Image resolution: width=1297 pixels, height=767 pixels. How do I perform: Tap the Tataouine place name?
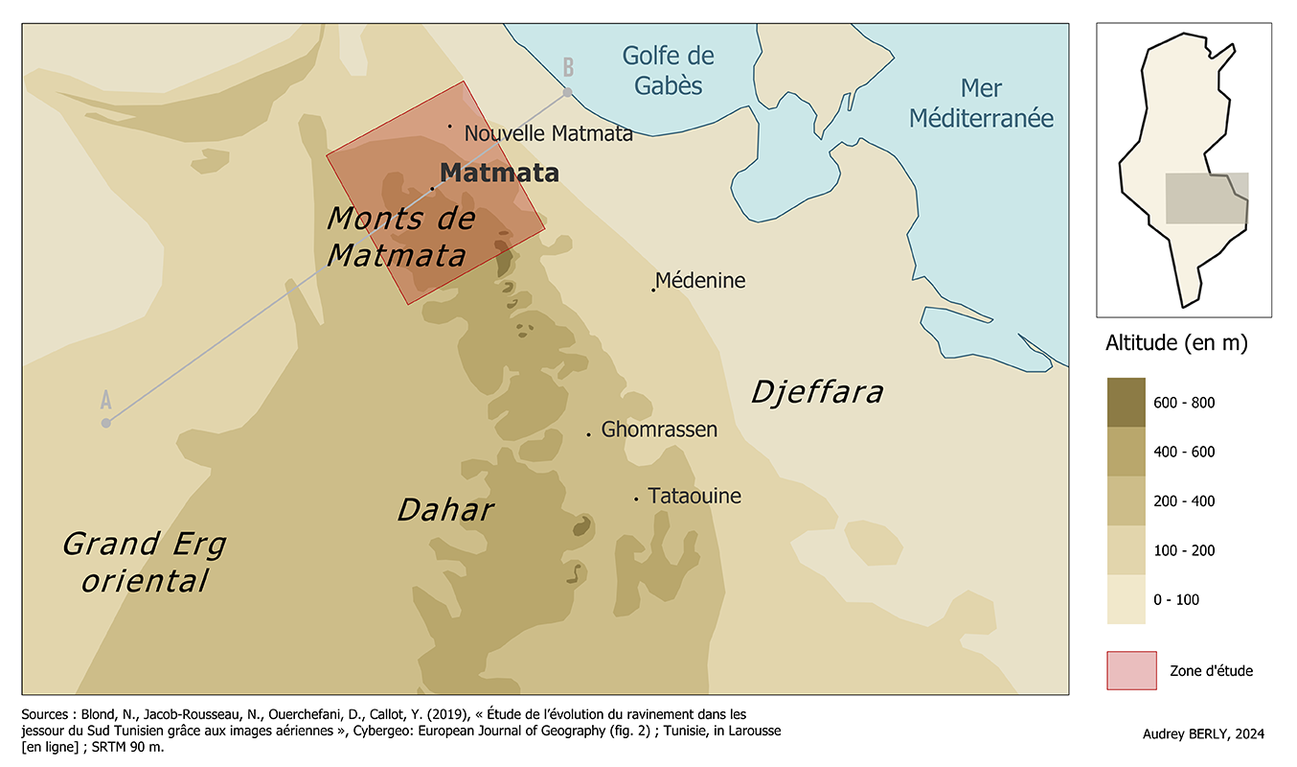(x=694, y=497)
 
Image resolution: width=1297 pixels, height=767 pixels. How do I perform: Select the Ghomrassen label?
(x=659, y=430)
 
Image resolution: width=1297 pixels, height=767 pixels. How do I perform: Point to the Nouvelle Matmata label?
(x=548, y=133)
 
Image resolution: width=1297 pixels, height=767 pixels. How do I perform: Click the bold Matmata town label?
(x=499, y=174)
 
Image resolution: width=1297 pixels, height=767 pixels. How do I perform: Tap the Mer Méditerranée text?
(x=981, y=104)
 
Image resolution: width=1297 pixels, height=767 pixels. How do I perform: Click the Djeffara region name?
(x=816, y=392)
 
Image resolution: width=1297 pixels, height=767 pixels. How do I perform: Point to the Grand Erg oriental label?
(x=145, y=562)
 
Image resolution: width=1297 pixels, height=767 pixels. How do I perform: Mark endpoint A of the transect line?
(x=106, y=423)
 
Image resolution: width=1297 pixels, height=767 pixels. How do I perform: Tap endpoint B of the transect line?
(x=567, y=92)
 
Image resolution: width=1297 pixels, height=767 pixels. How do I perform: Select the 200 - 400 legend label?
(x=1183, y=501)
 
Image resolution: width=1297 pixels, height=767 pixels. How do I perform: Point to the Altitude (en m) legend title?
(x=1176, y=343)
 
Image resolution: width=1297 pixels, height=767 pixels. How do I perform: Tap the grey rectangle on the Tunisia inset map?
(x=1206, y=198)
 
